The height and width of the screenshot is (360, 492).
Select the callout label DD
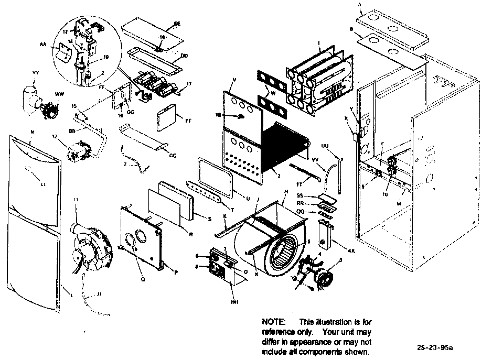click(184, 55)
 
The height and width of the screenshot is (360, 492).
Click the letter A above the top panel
click(359, 5)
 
